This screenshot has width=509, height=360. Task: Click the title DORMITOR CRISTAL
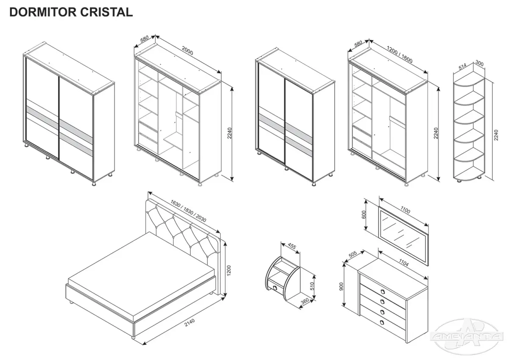point(71,12)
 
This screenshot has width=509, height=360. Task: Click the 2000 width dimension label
point(187,50)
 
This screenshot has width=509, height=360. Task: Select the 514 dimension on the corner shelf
point(463,66)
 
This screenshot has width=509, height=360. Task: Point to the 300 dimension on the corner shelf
point(480,64)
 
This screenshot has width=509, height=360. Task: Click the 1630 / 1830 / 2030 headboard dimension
point(188,211)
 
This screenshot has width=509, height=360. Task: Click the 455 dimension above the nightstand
point(291,246)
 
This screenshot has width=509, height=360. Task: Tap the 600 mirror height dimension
point(364,215)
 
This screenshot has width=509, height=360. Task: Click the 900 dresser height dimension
point(342,286)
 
